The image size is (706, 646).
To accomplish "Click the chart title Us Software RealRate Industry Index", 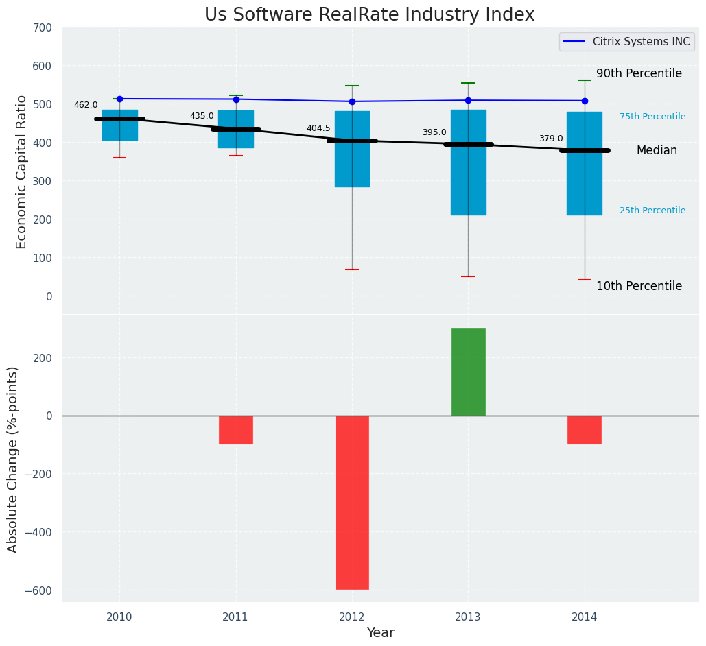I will [369, 15].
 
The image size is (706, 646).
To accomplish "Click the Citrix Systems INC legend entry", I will [625, 42].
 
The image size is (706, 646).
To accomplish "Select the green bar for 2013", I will [468, 372].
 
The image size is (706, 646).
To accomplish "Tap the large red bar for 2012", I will [352, 502].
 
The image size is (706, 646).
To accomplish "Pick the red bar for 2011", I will [236, 430].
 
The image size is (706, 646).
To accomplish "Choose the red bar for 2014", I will [585, 430].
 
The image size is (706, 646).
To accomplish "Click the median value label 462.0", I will [86, 105].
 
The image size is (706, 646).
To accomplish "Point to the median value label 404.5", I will [318, 128].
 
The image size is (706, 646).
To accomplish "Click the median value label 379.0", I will [551, 139].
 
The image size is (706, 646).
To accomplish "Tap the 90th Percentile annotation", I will [639, 73].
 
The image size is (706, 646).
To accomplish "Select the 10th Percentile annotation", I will [639, 286].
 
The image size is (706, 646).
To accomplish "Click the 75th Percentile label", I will [652, 117].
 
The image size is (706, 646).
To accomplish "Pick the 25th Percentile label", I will [652, 211].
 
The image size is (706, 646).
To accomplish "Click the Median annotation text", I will [657, 150].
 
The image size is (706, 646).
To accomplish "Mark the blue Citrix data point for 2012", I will [352, 101].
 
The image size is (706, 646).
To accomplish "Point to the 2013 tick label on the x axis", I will [468, 617].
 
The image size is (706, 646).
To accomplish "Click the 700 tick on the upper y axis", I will [42, 28].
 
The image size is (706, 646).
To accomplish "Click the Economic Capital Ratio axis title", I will [21, 171].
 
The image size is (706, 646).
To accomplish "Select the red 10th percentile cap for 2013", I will [468, 276].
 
